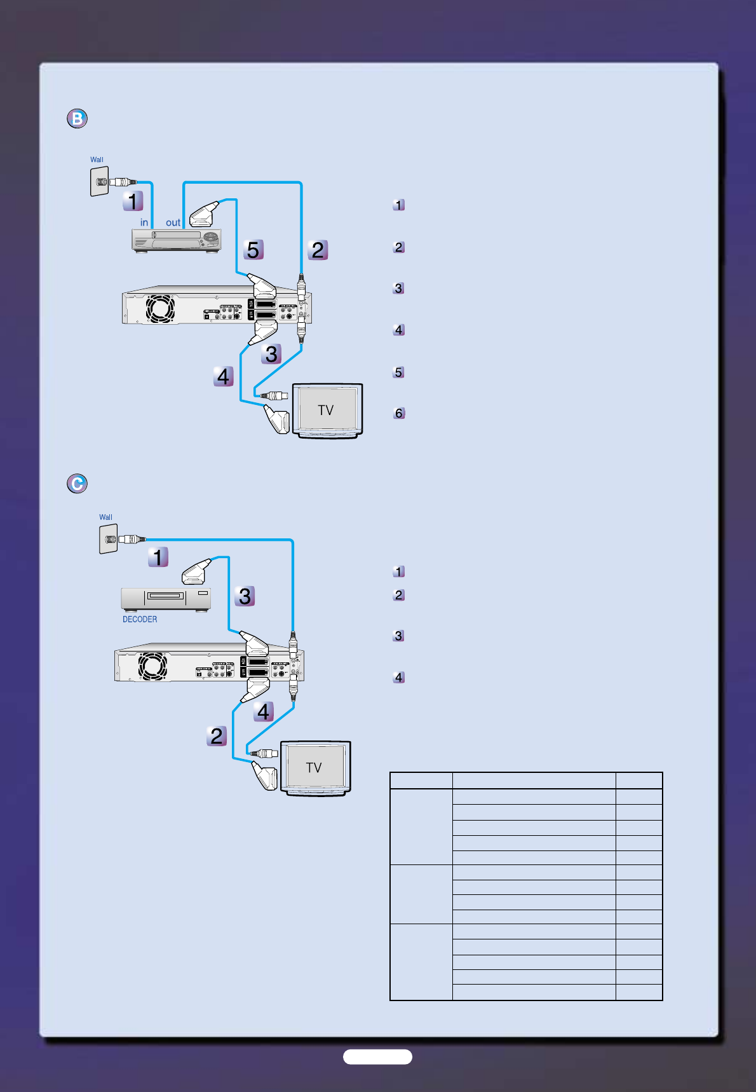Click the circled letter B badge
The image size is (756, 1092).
point(77,119)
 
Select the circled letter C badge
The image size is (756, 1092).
point(77,484)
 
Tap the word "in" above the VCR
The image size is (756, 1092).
point(144,222)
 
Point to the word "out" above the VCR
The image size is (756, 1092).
point(173,222)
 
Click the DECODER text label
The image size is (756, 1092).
point(140,619)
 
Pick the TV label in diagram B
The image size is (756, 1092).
point(326,410)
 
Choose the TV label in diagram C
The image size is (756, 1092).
point(314,768)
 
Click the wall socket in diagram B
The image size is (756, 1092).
point(99,182)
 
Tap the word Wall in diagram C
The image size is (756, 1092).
point(105,517)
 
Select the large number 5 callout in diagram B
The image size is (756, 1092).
point(253,250)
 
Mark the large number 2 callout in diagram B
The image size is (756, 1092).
point(318,250)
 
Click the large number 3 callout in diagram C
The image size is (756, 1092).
point(245,596)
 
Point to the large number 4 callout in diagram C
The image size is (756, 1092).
point(263,711)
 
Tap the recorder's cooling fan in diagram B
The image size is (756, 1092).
point(160,309)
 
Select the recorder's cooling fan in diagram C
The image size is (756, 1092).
point(152,666)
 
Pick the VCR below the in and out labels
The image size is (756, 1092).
point(177,240)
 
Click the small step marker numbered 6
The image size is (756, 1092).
point(399,413)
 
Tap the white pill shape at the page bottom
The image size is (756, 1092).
point(377,1056)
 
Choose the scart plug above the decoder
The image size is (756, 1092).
point(196,572)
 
